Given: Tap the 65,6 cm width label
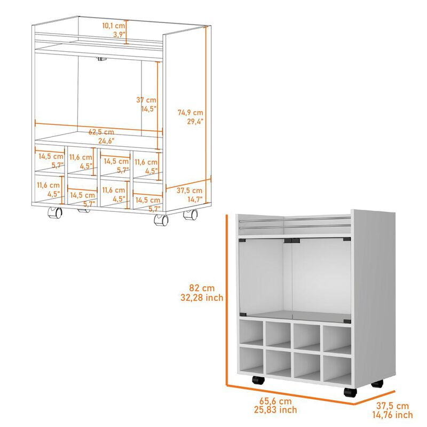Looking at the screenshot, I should tap(276, 400).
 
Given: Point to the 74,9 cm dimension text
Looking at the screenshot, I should tap(191, 112).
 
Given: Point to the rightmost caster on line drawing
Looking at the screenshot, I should tap(190, 215).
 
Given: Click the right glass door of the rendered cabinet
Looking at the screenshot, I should tap(320, 278).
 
